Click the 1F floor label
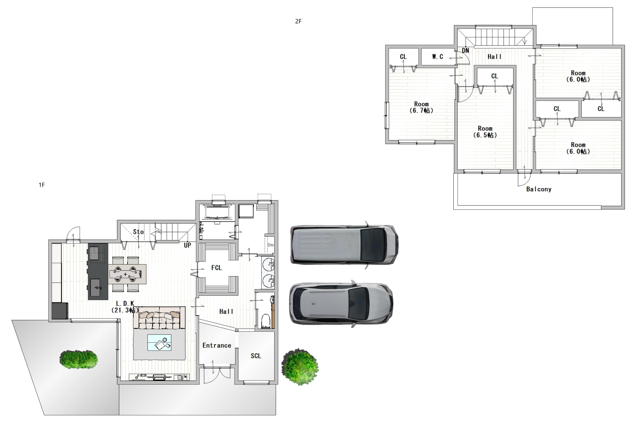41,185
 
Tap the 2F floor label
298,21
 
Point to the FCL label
216,268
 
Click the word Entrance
217,345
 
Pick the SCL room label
256,356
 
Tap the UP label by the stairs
187,245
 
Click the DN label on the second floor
465,50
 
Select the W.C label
437,57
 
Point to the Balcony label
539,189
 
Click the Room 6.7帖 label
421,107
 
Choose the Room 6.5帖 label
485,132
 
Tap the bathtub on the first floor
217,212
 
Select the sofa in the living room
159,318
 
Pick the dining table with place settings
128,274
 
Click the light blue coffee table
159,343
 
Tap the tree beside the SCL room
300,367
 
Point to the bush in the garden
79,359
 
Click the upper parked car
344,245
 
